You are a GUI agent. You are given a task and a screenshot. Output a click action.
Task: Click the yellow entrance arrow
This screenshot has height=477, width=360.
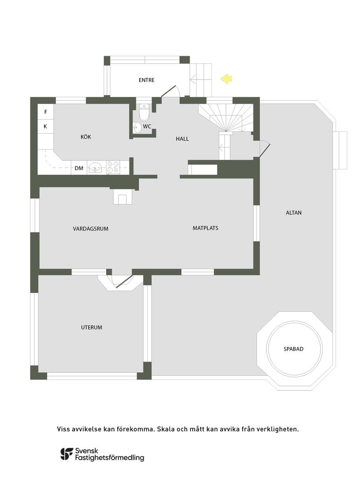(x=227, y=79)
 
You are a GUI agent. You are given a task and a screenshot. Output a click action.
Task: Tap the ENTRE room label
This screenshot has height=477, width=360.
(x=146, y=80)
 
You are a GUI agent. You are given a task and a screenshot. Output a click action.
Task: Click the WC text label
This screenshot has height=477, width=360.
(x=147, y=126)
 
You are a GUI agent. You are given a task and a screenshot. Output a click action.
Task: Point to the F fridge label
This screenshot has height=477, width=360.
(x=46, y=112)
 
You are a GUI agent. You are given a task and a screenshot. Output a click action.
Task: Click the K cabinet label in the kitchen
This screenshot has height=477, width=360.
(x=46, y=126)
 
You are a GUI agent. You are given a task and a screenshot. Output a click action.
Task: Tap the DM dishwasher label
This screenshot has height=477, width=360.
(x=79, y=168)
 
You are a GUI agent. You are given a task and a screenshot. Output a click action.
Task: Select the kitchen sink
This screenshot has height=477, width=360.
(x=95, y=167)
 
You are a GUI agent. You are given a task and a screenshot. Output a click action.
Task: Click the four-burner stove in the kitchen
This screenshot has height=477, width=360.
(x=113, y=167)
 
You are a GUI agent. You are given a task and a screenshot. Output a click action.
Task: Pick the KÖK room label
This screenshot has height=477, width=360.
(x=86, y=137)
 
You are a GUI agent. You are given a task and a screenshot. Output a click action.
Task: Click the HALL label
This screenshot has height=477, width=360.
(x=182, y=139)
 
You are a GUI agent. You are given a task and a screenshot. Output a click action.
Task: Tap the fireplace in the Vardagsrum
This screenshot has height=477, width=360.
(x=122, y=198)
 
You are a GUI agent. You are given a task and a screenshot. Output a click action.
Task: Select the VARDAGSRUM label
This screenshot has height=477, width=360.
(x=90, y=228)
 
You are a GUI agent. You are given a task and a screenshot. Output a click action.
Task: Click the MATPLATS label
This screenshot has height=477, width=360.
(x=205, y=228)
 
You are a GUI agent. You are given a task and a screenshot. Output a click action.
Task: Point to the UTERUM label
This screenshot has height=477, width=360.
(x=91, y=327)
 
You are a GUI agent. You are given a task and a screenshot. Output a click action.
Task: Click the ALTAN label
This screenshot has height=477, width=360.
(x=293, y=213)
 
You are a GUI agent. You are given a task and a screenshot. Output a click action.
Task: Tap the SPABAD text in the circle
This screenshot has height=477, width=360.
(x=293, y=349)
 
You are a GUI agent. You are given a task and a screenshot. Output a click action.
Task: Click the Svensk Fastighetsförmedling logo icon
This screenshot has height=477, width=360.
(x=67, y=454)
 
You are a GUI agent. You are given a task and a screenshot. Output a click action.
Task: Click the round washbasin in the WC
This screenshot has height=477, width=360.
(x=137, y=127)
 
